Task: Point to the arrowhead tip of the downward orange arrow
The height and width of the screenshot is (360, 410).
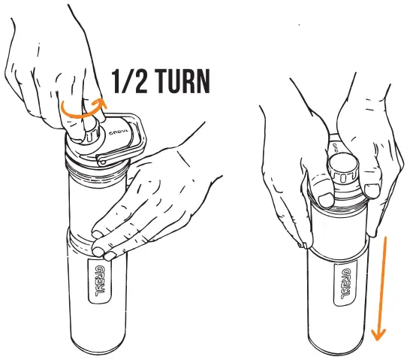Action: point(379,336)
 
